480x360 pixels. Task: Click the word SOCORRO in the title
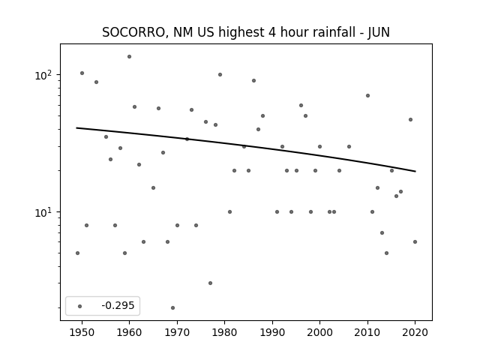tap(133, 32)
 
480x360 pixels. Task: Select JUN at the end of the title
tap(378, 32)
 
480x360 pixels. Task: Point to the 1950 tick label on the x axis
tap(82, 332)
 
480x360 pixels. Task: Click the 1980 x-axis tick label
tap(224, 332)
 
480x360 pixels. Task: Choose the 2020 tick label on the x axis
tap(415, 332)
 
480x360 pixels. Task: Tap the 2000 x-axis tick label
tap(320, 332)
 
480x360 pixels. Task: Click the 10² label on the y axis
tap(43, 75)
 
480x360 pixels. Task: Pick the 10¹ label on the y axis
tap(43, 211)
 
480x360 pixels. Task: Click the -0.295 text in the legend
tap(118, 305)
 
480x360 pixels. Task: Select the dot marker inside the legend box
tap(80, 306)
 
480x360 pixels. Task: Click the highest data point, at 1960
tap(130, 57)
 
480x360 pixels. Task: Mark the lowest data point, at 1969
tap(172, 308)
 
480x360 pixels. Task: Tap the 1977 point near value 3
tap(210, 283)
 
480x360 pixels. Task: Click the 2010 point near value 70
tap(367, 96)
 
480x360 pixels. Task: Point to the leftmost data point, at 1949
tap(77, 253)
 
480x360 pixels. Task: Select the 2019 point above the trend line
tap(410, 120)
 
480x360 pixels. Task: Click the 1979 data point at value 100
tap(220, 75)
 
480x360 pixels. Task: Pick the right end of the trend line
tap(415, 172)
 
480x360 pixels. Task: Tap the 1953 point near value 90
tap(97, 82)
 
